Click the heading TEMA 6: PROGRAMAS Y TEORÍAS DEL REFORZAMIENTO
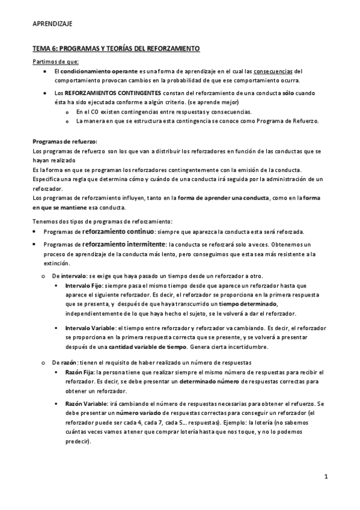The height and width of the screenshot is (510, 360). [115, 48]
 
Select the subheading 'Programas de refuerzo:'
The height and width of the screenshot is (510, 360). [65, 141]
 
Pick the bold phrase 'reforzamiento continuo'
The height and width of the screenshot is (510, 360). [119, 232]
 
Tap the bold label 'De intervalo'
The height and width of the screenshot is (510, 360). [70, 275]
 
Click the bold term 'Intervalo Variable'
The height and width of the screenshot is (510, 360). [90, 328]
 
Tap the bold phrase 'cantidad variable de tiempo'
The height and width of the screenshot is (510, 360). [148, 347]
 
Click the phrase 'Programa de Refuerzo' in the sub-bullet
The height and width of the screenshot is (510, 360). [288, 120]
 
